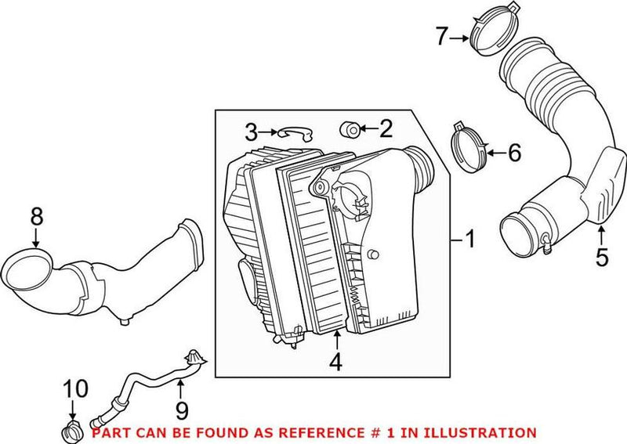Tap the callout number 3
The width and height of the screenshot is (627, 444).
(251, 131)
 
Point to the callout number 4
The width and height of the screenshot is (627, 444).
(335, 363)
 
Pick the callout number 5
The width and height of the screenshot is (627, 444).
(601, 257)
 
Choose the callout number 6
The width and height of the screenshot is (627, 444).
(513, 153)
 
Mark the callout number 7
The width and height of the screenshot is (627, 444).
(441, 35)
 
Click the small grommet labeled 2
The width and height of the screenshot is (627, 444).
(350, 128)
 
